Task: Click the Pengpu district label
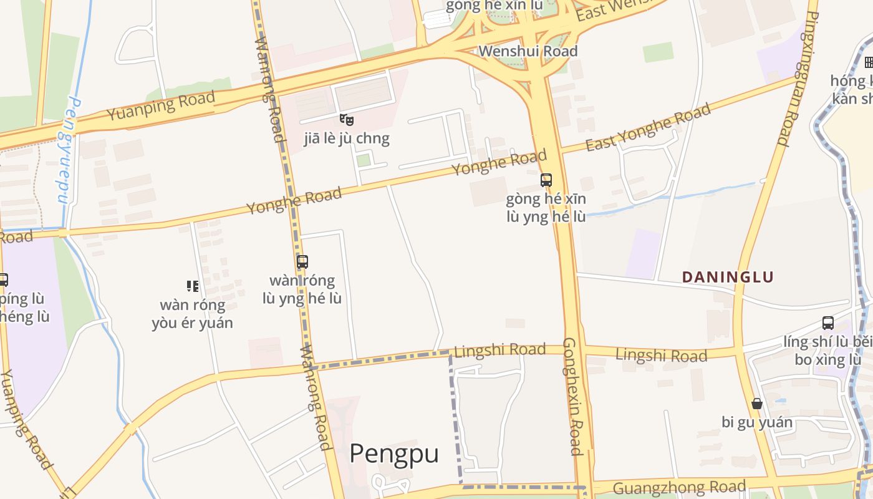coord(393,453)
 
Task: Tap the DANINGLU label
coord(728,277)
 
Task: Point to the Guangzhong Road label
coord(680,487)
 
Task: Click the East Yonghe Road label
coord(649,128)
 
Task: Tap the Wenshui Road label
coord(528,51)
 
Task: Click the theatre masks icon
coord(347,119)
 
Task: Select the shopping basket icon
coord(757,404)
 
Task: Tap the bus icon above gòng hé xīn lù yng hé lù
coord(546,180)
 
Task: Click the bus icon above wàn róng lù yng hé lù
coord(302,262)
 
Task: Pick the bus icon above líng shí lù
coord(828,323)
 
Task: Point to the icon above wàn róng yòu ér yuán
coord(193,286)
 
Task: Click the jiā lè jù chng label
coord(347,138)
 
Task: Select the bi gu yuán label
coord(757,422)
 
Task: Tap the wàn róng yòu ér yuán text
coord(192,314)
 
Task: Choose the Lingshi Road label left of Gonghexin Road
coord(500,351)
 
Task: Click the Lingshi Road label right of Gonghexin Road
coord(661,356)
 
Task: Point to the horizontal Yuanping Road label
coord(161,106)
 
